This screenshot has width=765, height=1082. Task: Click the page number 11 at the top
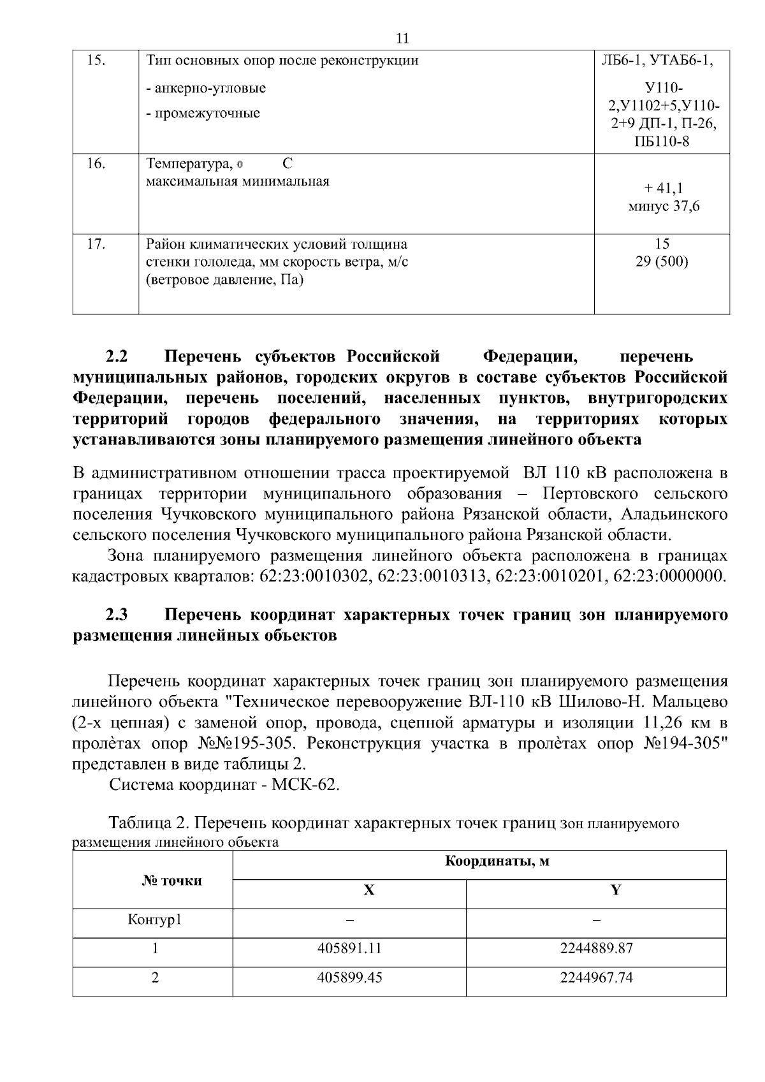tap(402, 39)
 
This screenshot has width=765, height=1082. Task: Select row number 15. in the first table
tap(95, 61)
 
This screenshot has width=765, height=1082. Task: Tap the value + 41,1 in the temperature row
tap(663, 188)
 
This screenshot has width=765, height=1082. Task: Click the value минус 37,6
tap(663, 206)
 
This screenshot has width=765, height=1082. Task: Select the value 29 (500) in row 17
tap(662, 261)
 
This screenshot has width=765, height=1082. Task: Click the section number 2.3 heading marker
tap(117, 615)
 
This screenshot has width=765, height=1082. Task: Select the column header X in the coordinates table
tap(368, 891)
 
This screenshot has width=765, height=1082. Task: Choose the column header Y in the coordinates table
tap(615, 891)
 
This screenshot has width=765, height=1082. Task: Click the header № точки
tap(171, 881)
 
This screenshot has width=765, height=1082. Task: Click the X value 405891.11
tap(349, 948)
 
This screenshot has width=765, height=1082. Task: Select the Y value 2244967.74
tap(596, 977)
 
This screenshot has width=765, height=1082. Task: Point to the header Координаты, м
tap(497, 862)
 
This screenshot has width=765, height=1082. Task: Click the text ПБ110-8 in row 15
tap(662, 142)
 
